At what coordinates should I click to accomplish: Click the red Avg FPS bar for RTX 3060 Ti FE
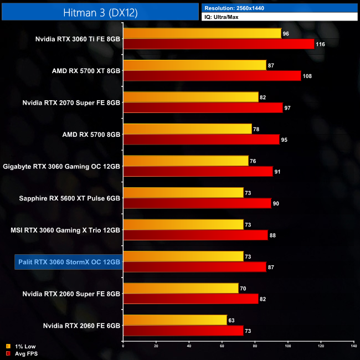pos(218,44)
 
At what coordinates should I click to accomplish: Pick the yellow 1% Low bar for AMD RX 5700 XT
pos(194,65)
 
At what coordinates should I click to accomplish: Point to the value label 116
pos(321,44)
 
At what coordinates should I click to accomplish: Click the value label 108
pos(308,76)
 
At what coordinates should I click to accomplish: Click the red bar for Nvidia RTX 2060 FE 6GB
pos(183,331)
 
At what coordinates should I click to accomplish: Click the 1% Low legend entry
pos(22,347)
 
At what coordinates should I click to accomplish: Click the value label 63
pos(233,320)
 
